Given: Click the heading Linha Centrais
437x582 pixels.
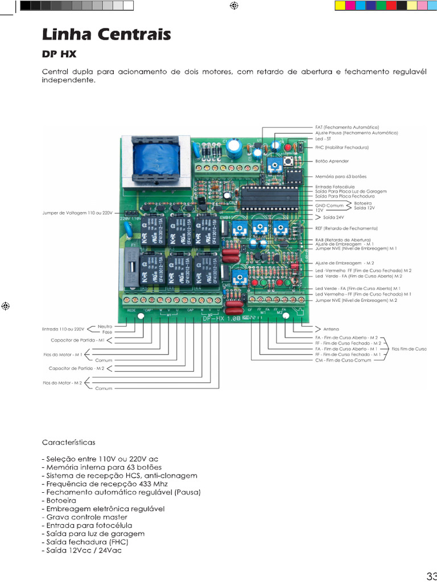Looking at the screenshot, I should pyautogui.click(x=106, y=35).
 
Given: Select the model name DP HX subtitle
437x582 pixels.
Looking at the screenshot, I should pyautogui.click(x=59, y=55).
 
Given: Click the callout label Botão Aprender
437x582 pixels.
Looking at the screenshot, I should pyautogui.click(x=332, y=161).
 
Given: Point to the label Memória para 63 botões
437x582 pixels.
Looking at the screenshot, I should pyautogui.click(x=341, y=177).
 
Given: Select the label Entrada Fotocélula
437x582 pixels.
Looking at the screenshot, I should pyautogui.click(x=335, y=186).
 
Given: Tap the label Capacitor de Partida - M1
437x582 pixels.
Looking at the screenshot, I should pyautogui.click(x=78, y=340).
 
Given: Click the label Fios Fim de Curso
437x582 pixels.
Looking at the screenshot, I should pyautogui.click(x=409, y=348).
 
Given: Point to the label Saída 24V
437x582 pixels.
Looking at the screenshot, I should pyautogui.click(x=326, y=217).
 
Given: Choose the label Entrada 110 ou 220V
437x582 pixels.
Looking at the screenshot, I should pyautogui.click(x=63, y=329).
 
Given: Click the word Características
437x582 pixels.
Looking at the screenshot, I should pyautogui.click(x=68, y=442).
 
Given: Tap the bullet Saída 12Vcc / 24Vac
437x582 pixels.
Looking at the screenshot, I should pyautogui.click(x=81, y=551).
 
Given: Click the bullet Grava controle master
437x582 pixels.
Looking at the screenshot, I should pyautogui.click(x=85, y=517).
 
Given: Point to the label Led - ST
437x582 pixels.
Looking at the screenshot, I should pyautogui.click(x=323, y=139).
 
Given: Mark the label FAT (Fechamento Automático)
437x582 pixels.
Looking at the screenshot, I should pyautogui.click(x=347, y=127).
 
